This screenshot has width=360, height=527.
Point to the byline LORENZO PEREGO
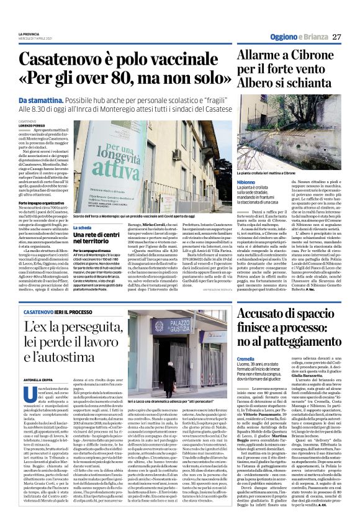(32, 125)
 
